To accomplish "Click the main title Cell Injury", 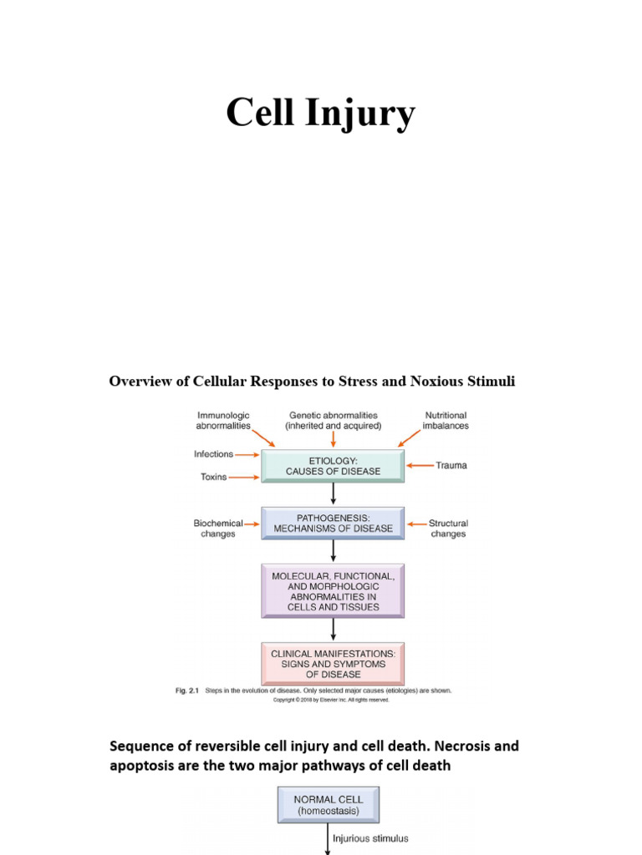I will (x=320, y=114).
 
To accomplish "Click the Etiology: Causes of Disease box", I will (x=333, y=466).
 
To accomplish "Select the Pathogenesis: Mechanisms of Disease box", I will (x=333, y=523).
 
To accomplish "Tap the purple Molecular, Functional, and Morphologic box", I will (x=333, y=590).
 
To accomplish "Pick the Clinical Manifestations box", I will (x=333, y=663).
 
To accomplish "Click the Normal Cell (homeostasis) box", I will (x=328, y=805).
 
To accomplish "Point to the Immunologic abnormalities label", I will (x=222, y=420).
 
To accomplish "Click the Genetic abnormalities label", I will (x=333, y=420).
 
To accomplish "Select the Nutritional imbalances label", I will (x=446, y=420).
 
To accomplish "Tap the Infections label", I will (x=214, y=454).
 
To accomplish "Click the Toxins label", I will (x=214, y=477).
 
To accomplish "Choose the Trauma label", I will (x=451, y=465).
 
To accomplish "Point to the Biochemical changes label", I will (x=218, y=529).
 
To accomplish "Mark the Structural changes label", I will (x=448, y=529).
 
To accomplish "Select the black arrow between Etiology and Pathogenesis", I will (x=334, y=494).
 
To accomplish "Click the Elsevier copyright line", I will (x=332, y=701).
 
